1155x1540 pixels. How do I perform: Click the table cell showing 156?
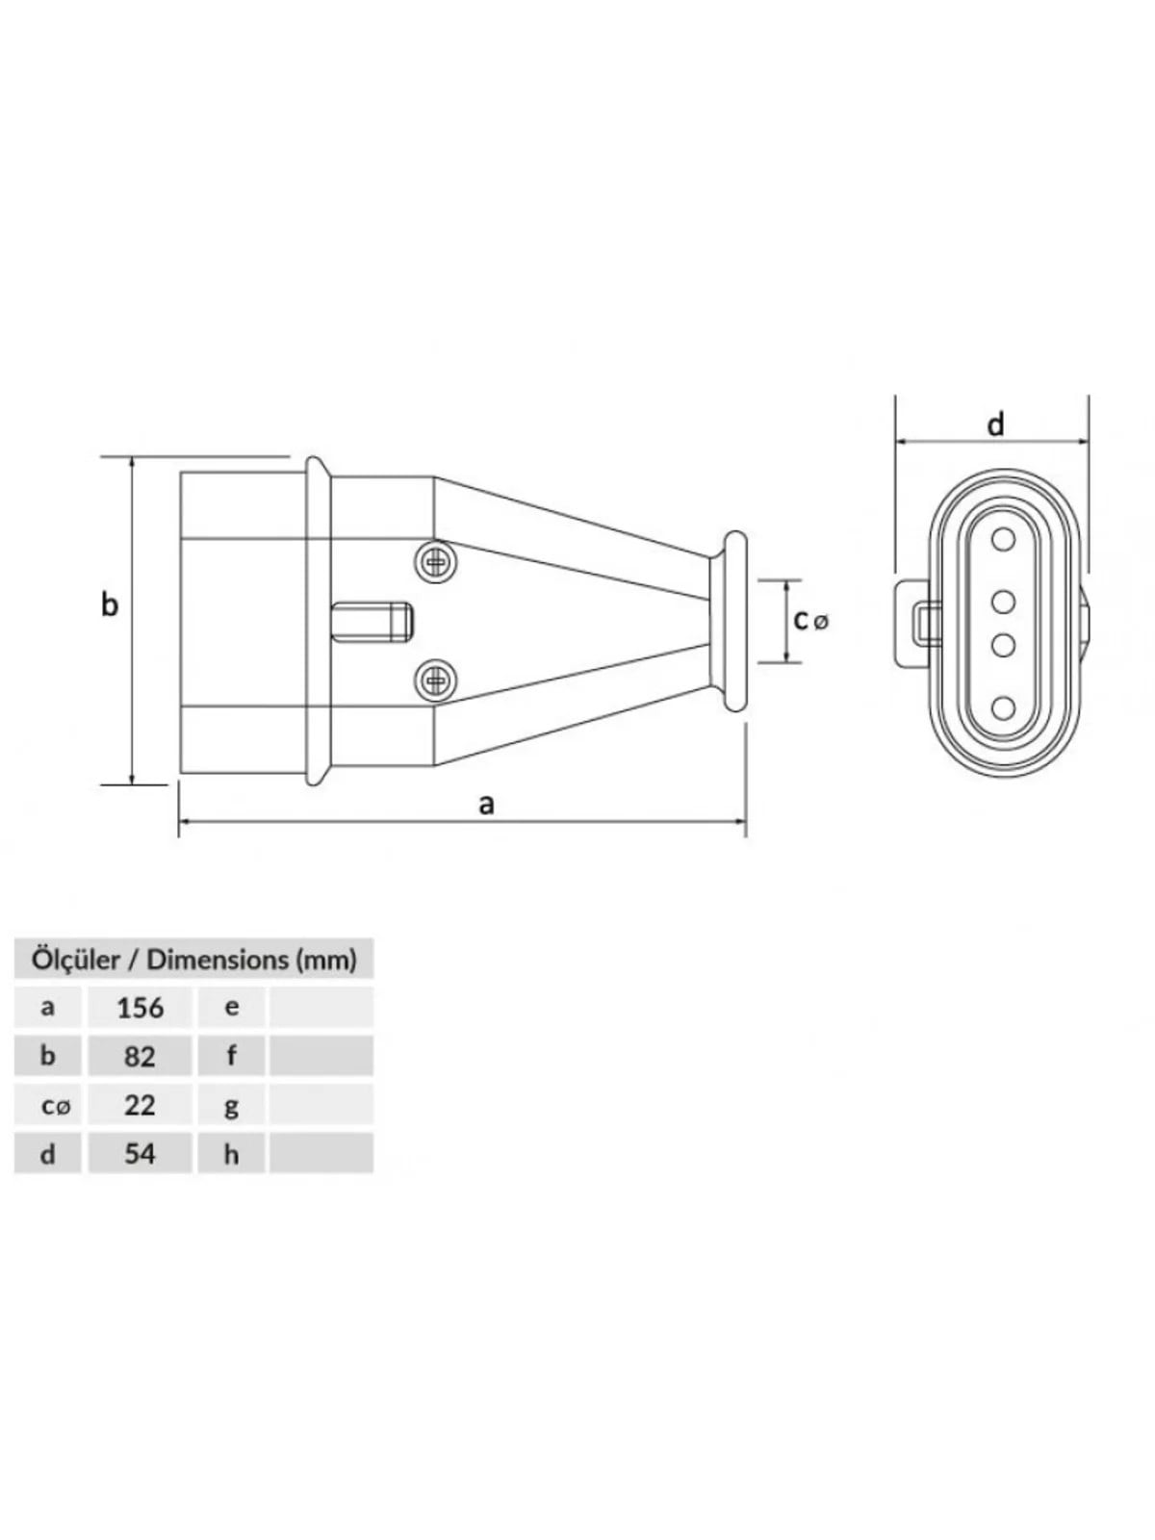(x=140, y=1008)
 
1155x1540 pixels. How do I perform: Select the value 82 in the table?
(x=140, y=1056)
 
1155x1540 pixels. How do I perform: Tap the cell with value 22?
(x=140, y=1105)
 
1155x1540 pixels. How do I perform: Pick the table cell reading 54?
(x=140, y=1153)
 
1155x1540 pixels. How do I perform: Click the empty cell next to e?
(x=321, y=1008)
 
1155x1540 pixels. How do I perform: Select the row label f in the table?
(x=231, y=1056)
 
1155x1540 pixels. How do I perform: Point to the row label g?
(x=231, y=1107)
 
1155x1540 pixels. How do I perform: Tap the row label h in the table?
(x=231, y=1154)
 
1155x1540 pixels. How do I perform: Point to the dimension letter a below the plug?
(x=486, y=805)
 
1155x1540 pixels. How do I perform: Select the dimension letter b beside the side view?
(x=110, y=604)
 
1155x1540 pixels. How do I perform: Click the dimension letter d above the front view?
(x=996, y=423)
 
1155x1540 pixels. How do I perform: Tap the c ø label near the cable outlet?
(x=811, y=620)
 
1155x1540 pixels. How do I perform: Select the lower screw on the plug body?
(x=435, y=679)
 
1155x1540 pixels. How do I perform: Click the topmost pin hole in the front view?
(x=1004, y=540)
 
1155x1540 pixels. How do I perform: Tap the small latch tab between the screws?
(x=372, y=622)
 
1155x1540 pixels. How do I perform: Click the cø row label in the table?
(x=56, y=1107)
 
